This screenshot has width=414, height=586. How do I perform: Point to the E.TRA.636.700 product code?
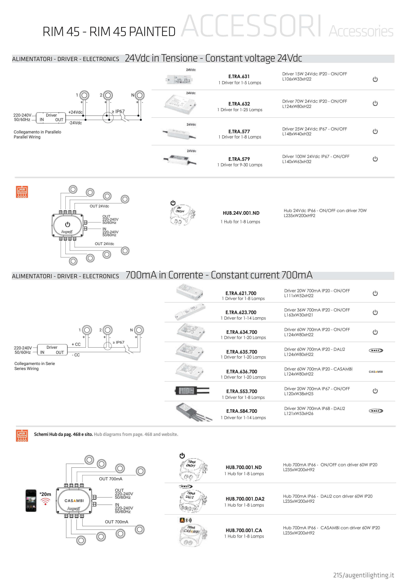point(242,372)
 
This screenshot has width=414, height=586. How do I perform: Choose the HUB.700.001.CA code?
point(244,530)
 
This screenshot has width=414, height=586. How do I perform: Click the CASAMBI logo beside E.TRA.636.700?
point(376,372)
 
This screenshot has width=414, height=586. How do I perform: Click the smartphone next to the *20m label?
point(31,501)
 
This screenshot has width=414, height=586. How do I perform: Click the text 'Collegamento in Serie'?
point(34,364)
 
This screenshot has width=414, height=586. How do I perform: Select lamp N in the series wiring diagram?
point(139,330)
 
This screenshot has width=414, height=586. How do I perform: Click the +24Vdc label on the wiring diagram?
point(75,112)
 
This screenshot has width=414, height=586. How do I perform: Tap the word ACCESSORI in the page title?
point(251,26)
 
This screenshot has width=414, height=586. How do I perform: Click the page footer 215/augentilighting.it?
point(363,575)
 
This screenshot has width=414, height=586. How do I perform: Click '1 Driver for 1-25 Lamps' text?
point(240,110)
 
